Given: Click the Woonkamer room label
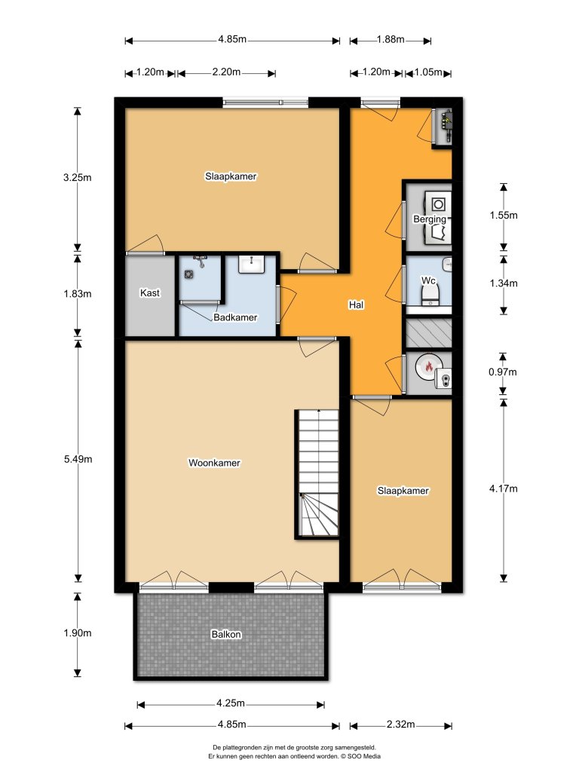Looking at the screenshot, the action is [x=214, y=463].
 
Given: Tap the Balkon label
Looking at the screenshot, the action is [x=226, y=634].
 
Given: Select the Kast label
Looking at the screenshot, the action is [x=150, y=293].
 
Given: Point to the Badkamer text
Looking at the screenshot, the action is [x=235, y=317].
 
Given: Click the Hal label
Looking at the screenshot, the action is [x=356, y=305].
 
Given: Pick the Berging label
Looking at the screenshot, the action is [x=429, y=219].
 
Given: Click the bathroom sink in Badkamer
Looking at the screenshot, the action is [x=252, y=264].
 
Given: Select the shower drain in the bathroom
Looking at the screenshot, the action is [x=188, y=274].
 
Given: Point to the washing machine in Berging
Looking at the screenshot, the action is [x=438, y=204].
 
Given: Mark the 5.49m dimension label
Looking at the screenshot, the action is [x=78, y=459].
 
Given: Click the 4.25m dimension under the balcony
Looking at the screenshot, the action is [x=231, y=703].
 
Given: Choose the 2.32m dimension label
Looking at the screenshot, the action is [x=401, y=725].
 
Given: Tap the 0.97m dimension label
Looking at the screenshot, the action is [x=503, y=372].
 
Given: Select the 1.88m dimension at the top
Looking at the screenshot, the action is [x=391, y=39].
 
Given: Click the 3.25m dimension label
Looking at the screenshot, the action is [x=78, y=178].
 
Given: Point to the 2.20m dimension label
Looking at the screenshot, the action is [x=226, y=72].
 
